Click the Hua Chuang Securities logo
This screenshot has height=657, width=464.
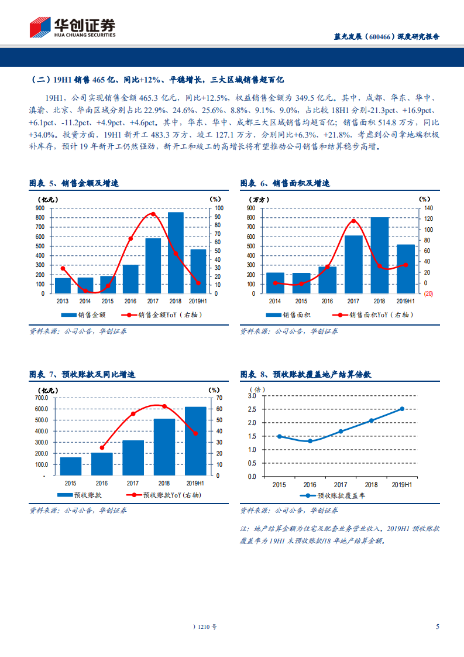pyautogui.click(x=73, y=27)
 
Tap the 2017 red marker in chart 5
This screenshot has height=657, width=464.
pyautogui.click(x=153, y=214)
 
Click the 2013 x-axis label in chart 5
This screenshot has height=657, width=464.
pyautogui.click(x=63, y=301)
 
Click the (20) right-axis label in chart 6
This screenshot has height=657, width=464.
pyautogui.click(x=428, y=294)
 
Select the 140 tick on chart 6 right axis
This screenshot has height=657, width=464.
pyautogui.click(x=427, y=208)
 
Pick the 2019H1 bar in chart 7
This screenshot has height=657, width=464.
pyautogui.click(x=196, y=441)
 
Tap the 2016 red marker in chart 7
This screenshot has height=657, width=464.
pyautogui.click(x=102, y=448)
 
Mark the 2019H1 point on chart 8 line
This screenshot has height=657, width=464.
pyautogui.click(x=402, y=409)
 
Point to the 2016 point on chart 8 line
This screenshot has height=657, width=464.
pyautogui.click(x=310, y=441)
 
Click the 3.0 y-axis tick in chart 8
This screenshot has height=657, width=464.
pyautogui.click(x=252, y=396)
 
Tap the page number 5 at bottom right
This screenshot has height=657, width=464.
pyautogui.click(x=438, y=627)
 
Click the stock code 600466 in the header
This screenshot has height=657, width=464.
pyautogui.click(x=379, y=36)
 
